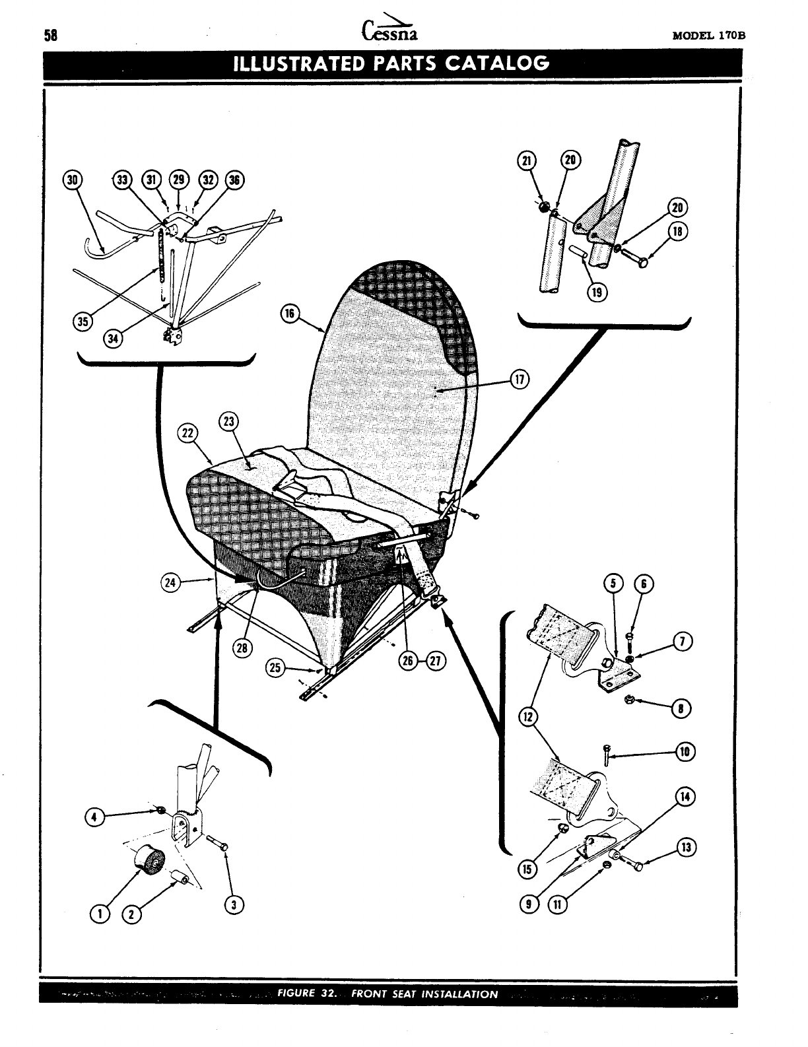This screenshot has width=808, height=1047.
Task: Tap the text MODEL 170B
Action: coord(708,36)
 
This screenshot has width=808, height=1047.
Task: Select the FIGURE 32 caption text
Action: coord(388,994)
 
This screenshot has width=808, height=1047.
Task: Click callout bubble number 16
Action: coord(289,314)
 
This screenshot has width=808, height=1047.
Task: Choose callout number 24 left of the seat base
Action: coord(170,582)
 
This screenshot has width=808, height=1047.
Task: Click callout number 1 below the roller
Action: coord(101,914)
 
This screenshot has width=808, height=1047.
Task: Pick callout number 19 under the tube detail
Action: coord(597,291)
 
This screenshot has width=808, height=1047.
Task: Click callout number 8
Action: coord(680,709)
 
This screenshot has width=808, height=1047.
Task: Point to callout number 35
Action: coord(83,321)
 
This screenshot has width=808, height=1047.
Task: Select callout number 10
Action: coord(685,751)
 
